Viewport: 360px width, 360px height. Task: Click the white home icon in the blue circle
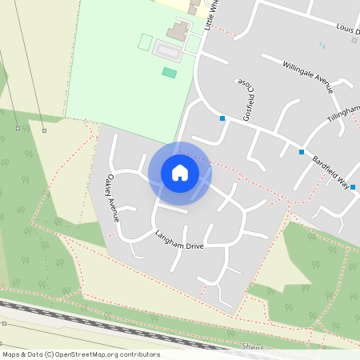pyautogui.click(x=180, y=172)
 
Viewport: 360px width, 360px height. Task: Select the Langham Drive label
pyautogui.click(x=181, y=238)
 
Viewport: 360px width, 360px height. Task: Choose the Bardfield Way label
pyautogui.click(x=330, y=170)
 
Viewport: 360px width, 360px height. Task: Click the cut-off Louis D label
pyautogui.click(x=347, y=29)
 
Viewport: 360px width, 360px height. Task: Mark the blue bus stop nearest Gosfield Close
pyautogui.click(x=222, y=118)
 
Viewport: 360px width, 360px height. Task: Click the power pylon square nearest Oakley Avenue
pyautogui.click(x=44, y=130)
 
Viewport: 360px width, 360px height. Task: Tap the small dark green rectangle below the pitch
pyautogui.click(x=169, y=73)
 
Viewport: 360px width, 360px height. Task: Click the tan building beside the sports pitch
pyautogui.click(x=178, y=31)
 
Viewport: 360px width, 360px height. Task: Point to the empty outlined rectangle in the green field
pyautogui.click(x=145, y=42)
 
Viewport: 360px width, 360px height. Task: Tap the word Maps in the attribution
pyautogui.click(x=11, y=354)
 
